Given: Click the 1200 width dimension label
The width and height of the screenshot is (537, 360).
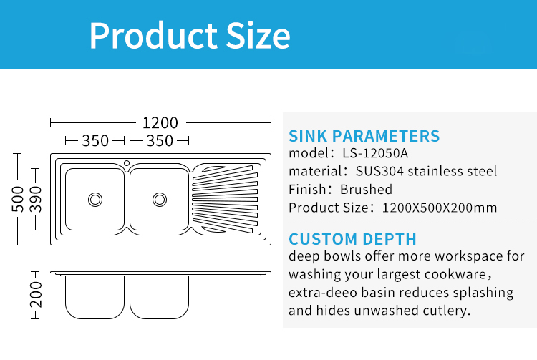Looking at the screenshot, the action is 160,123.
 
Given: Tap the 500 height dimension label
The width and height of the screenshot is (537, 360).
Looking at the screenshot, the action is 17,199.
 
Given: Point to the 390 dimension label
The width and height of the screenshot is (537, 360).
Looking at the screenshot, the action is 35,199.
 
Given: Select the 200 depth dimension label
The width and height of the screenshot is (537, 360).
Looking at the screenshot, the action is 36,295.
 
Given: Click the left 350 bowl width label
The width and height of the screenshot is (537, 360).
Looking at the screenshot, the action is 95,141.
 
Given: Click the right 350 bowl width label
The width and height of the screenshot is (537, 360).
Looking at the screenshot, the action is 160,141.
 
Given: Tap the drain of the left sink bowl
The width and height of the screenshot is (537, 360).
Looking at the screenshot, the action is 95,200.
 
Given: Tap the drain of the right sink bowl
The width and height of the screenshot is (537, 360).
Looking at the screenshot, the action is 160,200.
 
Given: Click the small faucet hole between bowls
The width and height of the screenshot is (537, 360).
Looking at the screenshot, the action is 127,163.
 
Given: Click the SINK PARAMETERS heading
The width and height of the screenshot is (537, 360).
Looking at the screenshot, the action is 364,136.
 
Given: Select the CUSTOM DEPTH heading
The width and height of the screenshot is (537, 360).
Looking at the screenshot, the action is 352,239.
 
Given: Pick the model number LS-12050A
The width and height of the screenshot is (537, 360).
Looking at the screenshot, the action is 375,153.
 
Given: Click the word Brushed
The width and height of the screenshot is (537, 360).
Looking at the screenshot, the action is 366,189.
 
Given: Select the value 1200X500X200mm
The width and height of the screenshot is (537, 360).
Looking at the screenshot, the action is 440,208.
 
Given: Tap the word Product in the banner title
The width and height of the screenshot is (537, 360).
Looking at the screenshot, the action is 153,35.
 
